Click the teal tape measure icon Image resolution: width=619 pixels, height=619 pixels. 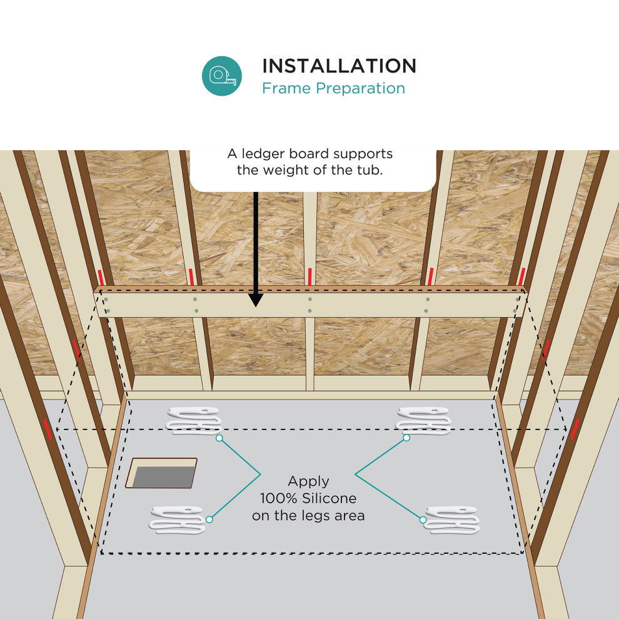click(x=222, y=76)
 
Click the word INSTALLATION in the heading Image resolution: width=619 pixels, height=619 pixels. click(x=339, y=66)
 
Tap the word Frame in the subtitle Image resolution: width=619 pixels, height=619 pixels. click(x=286, y=88)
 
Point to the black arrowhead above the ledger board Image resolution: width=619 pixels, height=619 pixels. click(x=256, y=299)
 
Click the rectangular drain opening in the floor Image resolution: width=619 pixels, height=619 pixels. click(x=161, y=473)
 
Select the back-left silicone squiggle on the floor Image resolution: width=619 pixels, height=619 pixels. click(x=193, y=421)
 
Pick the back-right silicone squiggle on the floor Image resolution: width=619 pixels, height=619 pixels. click(x=423, y=421)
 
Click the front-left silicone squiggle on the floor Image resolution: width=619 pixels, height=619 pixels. click(x=177, y=520)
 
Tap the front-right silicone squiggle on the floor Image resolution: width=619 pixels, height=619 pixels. click(x=453, y=520)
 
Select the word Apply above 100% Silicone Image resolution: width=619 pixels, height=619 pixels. click(x=308, y=482)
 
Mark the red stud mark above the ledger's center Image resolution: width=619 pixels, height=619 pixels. click(x=310, y=276)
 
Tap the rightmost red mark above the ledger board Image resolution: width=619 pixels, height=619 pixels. click(x=522, y=276)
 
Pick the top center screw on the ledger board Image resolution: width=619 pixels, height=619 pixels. click(x=310, y=299)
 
